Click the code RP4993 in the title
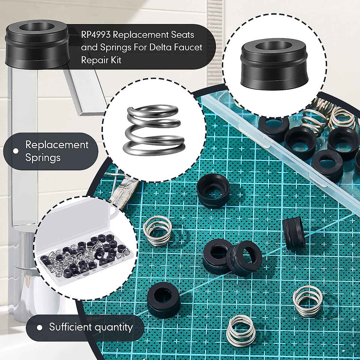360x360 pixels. point(96,35)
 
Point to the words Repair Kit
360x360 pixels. point(101,60)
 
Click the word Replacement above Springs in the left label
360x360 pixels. point(57,145)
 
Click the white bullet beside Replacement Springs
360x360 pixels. point(16,151)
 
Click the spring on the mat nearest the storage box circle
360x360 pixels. point(158,230)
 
